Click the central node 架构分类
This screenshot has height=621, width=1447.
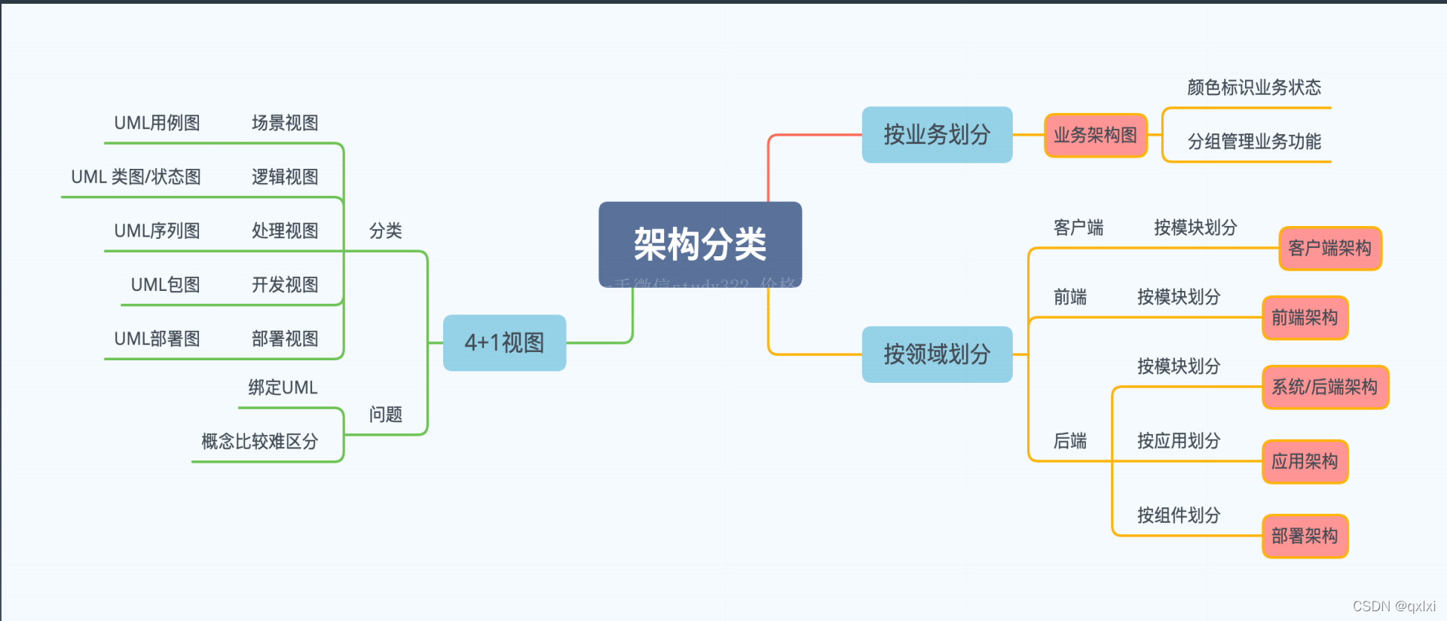coord(700,244)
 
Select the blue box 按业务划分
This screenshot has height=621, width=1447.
coord(937,135)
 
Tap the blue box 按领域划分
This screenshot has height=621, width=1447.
coord(937,354)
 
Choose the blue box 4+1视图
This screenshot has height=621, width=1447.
coord(504,343)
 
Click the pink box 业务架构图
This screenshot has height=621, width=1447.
coord(1095,136)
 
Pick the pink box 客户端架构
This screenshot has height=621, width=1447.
coord(1330,248)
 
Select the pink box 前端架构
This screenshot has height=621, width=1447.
coord(1305,318)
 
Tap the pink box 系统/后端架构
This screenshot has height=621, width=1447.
coord(1325,387)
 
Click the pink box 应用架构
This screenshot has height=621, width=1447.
coord(1305,461)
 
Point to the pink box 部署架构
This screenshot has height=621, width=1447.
coord(1305,536)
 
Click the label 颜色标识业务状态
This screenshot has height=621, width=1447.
coord(1254,88)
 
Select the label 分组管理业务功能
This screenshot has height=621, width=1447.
coord(1254,142)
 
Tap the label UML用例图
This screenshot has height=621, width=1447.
coord(157,123)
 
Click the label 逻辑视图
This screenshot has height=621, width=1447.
coord(285,177)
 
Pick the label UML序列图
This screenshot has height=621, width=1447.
coord(157,231)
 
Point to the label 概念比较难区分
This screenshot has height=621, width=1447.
coord(259,442)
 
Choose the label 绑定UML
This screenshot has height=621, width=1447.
coord(283,387)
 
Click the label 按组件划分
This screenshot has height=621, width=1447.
coord(1179,515)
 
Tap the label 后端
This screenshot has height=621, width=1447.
coord(1070,441)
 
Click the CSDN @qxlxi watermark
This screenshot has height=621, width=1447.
coord(1393,606)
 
